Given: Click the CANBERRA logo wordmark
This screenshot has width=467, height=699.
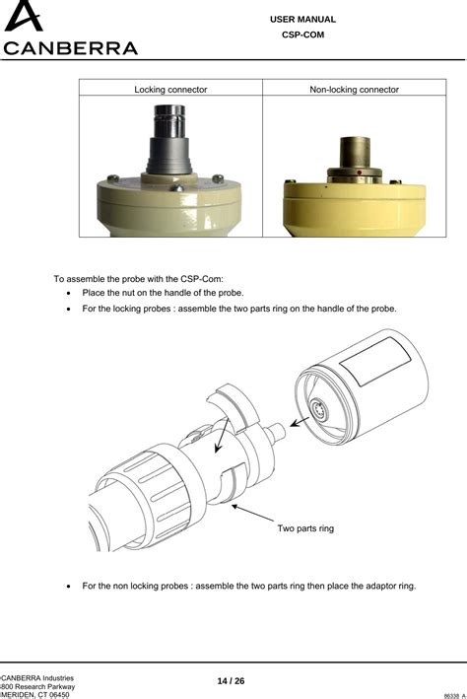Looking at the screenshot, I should coord(71,47).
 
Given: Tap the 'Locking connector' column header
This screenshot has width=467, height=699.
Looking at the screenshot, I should coord(170,90).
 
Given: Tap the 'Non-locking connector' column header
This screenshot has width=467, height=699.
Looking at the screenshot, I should coord(354,90).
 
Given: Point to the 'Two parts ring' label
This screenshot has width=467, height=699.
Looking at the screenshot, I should coord(305,528).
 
